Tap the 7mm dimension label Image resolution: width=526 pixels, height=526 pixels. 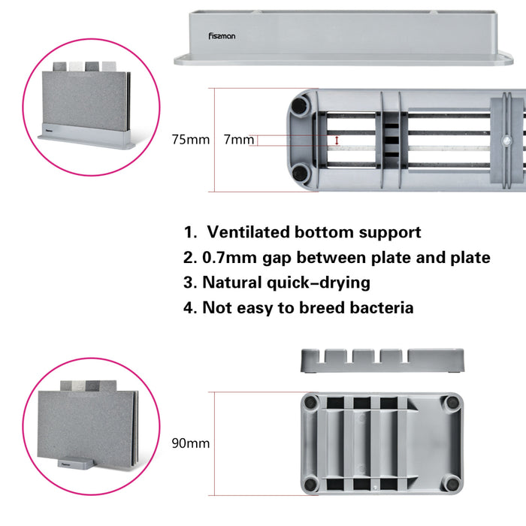pos(239,140)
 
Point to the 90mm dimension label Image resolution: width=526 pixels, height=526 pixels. pos(191,443)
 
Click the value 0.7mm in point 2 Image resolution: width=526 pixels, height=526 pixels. pos(225,258)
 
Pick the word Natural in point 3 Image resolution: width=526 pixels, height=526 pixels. pos(233,283)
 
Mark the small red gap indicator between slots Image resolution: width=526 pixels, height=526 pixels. pos(337,141)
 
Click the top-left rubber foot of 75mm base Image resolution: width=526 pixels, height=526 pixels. pos(299,103)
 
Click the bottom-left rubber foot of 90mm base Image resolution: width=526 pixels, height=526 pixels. pos(310,484)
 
